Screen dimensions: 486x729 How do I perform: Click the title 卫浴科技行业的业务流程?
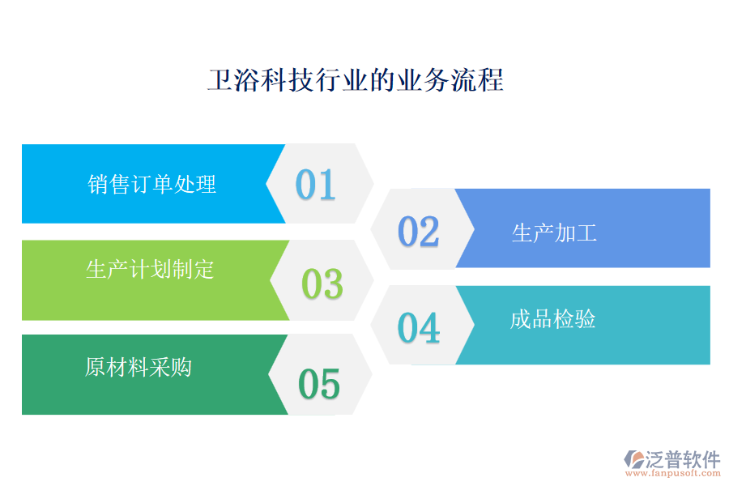(x=356, y=81)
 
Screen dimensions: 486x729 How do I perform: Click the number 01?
(x=315, y=185)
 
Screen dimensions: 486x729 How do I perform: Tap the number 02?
(x=418, y=232)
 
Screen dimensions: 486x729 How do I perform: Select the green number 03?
(x=322, y=283)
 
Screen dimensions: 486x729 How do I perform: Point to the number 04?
(x=419, y=328)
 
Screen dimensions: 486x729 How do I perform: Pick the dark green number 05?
(x=319, y=384)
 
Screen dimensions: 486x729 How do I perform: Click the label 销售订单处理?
(x=152, y=185)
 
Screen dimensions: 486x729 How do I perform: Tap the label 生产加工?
(x=554, y=234)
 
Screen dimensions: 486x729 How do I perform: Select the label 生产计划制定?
(x=150, y=269)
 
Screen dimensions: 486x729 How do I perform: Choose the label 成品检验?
(x=553, y=319)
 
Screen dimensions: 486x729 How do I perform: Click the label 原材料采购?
(x=139, y=367)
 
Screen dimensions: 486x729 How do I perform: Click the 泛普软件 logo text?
(x=682, y=459)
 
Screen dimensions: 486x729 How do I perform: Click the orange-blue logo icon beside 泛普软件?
(x=633, y=460)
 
